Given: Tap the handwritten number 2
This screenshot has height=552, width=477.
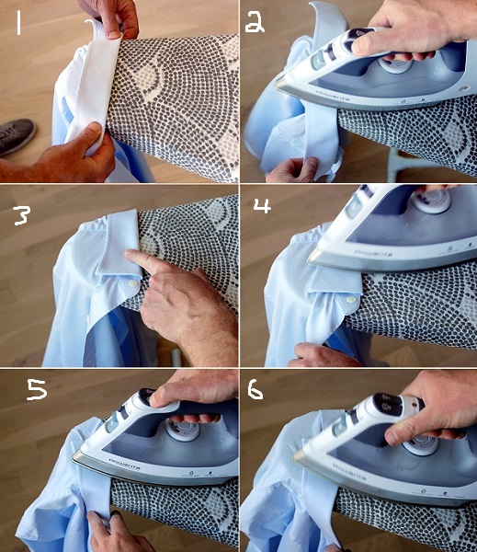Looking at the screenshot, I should [x=255, y=21].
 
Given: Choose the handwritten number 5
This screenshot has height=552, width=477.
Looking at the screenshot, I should [x=36, y=390].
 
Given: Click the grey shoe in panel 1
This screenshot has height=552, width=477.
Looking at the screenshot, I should [x=17, y=136].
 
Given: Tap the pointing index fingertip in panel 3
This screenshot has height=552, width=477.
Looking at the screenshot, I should [x=131, y=257].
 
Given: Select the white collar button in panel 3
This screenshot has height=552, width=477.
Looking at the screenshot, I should [x=135, y=287].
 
